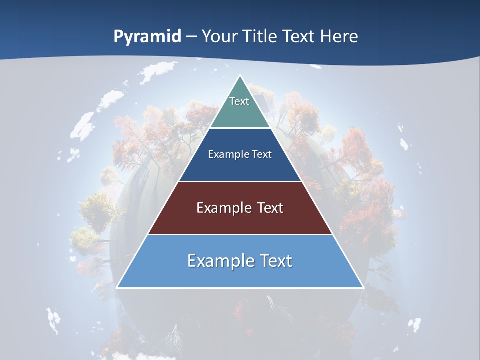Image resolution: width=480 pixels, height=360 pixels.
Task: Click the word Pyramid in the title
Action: (147, 37)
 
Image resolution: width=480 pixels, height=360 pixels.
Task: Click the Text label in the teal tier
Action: (239, 101)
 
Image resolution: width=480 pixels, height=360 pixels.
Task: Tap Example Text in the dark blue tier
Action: (240, 154)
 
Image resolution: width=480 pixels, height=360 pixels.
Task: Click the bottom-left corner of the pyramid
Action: (117, 287)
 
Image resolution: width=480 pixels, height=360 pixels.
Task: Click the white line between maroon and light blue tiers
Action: (240, 234)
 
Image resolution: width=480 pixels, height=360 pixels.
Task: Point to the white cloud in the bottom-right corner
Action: (413, 325)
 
